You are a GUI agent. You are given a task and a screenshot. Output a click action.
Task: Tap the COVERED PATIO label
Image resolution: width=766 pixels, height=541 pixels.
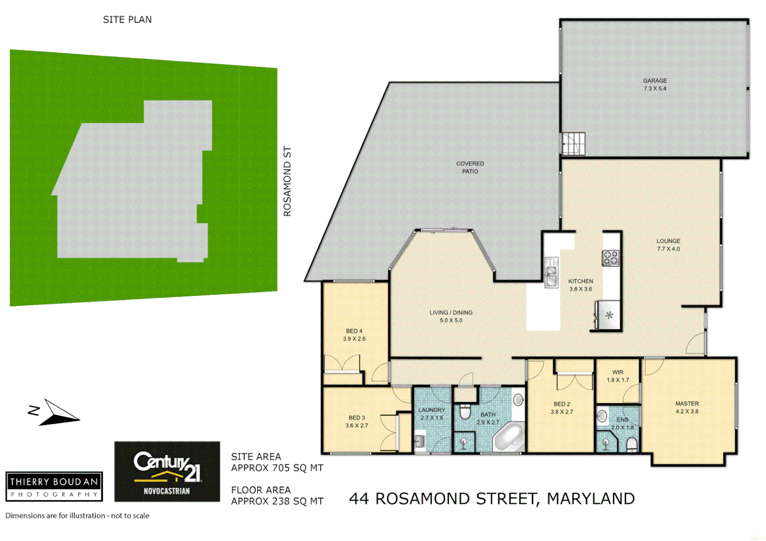click(470, 167)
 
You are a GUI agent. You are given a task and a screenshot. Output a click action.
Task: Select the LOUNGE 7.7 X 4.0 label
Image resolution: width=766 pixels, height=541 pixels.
click(668, 244)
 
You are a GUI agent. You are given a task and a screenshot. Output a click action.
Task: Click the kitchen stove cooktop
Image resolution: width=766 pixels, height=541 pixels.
click(610, 258)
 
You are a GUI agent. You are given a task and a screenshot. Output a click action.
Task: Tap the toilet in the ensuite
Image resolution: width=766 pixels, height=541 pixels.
click(632, 444)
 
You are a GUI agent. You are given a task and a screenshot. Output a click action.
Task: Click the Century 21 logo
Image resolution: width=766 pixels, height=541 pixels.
click(167, 471)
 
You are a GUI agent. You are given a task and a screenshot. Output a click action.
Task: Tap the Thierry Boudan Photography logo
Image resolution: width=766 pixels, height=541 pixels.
click(54, 486)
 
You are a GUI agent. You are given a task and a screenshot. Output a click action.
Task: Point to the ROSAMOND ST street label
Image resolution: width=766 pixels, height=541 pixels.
click(287, 181)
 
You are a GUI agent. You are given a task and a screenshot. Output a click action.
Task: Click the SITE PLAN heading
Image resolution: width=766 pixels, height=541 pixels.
click(127, 20)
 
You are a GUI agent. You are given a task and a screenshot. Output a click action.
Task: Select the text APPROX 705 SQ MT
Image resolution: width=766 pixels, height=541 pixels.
click(277, 468)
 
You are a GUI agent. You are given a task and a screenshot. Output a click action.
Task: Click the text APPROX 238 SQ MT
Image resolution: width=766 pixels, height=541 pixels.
click(277, 501)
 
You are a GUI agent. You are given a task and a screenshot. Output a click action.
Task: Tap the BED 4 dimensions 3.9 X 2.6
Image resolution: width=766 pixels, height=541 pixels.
click(354, 339)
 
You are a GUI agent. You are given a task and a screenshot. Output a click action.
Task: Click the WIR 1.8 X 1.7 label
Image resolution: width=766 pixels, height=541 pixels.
click(618, 376)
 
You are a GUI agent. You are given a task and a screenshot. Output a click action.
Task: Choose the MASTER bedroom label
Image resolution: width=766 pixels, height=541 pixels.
click(687, 404)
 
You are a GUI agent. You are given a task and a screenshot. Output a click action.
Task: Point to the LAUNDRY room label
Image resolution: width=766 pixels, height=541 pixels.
click(432, 410)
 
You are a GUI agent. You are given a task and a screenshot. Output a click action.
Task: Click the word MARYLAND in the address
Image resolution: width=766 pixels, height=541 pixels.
click(591, 499)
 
